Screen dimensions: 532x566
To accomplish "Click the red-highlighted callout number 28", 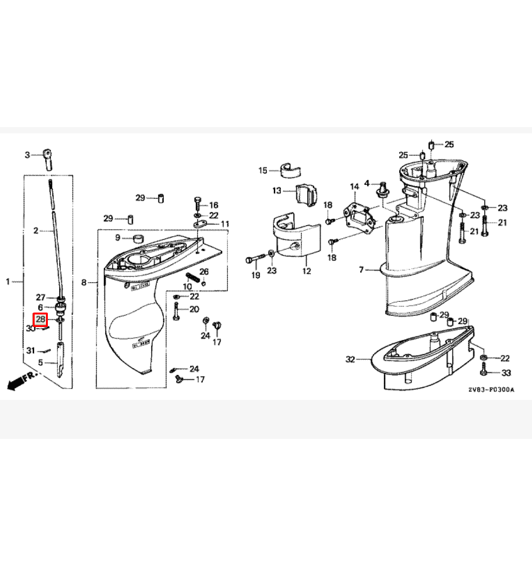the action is coord(40,319).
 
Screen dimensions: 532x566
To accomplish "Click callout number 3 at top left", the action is coord(27,155).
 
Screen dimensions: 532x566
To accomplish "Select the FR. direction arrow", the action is coord(21,380).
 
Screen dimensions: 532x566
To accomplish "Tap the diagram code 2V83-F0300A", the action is coord(491,390).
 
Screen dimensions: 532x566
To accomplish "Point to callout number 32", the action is coord(350,359).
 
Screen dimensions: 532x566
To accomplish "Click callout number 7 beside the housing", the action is coord(361,269).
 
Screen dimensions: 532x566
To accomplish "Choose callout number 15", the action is coord(263,170).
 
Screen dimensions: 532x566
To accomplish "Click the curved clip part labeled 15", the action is coord(290,170).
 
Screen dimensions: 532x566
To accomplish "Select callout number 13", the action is coord(277,190).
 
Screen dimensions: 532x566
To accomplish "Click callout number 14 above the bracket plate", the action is coord(354,187).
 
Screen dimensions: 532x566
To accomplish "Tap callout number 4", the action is coord(367,184).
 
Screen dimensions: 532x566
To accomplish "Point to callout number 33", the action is coord(506,373).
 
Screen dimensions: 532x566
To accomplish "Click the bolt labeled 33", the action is coord(484,370).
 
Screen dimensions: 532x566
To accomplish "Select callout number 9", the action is coord(118,238).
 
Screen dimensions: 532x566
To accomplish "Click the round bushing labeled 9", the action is coord(138,238).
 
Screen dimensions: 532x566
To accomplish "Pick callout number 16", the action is coord(213,205).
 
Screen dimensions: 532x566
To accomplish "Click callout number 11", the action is coord(225,224).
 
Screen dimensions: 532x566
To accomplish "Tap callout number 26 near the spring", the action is coord(204,272).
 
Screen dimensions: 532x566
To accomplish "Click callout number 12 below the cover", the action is coord(307,270).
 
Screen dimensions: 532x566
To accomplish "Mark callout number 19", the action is coord(256,275).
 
